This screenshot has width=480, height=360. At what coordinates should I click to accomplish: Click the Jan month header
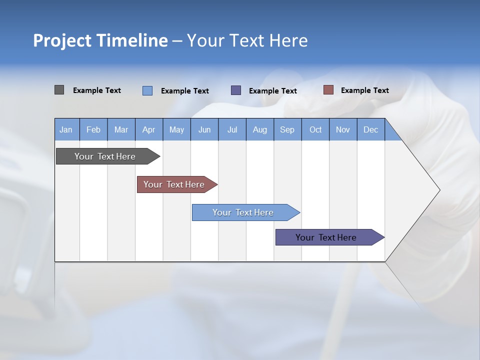(x=66, y=129)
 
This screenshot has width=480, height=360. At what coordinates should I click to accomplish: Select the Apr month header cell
(x=148, y=129)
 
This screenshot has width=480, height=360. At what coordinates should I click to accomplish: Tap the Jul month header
(x=232, y=129)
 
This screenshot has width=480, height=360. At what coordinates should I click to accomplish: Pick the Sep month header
(x=287, y=129)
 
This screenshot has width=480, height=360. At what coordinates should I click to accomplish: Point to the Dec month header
(x=370, y=129)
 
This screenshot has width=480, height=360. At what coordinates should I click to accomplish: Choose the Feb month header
(x=93, y=129)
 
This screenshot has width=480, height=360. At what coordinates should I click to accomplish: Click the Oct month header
(x=315, y=129)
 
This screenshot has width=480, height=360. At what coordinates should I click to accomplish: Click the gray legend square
(x=59, y=90)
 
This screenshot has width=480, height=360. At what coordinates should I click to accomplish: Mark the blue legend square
(x=147, y=90)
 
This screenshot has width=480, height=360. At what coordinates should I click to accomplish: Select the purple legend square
(x=236, y=90)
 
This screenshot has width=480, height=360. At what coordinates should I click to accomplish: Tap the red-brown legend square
(x=328, y=90)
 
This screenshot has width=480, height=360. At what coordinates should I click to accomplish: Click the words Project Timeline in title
(x=100, y=40)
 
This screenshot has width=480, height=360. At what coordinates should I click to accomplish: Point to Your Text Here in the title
(x=247, y=40)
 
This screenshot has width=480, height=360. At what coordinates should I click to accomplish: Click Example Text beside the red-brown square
(x=364, y=90)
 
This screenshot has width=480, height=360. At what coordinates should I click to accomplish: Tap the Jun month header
(x=204, y=129)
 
